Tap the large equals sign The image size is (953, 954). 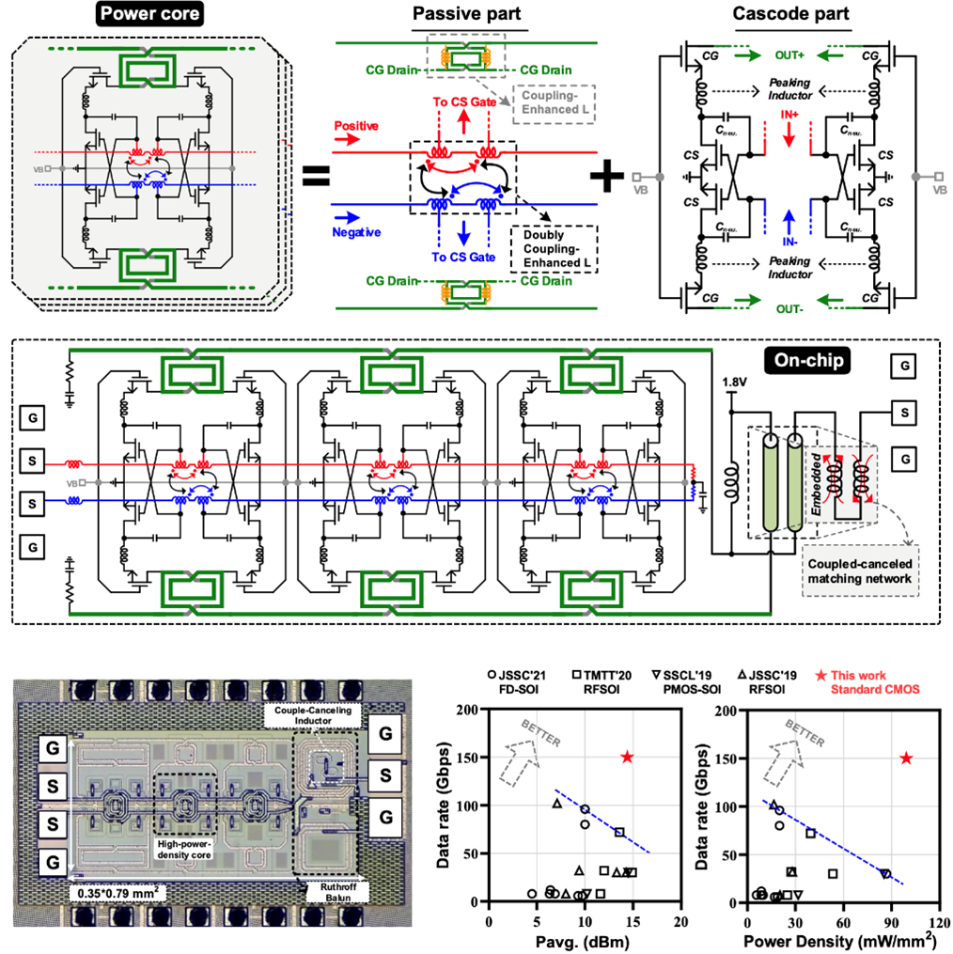click(x=318, y=176)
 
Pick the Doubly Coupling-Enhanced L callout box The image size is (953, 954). click(x=554, y=247)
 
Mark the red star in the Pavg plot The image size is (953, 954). click(x=627, y=758)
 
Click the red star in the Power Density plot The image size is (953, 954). click(x=906, y=758)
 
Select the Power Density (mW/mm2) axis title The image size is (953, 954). click(x=835, y=940)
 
